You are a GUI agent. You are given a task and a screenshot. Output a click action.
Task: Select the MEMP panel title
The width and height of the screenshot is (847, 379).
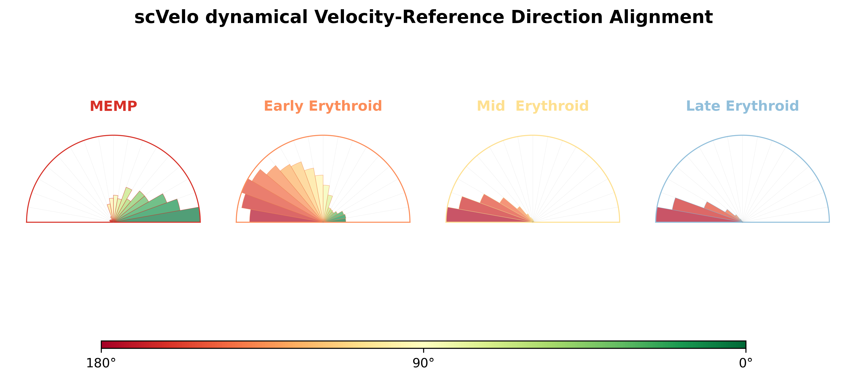tap(114, 106)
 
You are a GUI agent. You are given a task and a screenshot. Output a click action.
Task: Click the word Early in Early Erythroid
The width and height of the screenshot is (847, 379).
tap(283, 106)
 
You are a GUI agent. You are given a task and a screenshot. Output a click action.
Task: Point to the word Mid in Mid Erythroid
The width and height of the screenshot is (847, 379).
tap(491, 106)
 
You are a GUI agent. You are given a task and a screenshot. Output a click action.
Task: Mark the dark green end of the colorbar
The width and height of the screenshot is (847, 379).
tap(743, 345)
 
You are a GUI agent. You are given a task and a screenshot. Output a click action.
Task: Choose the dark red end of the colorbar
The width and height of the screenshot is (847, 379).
tap(104, 345)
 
